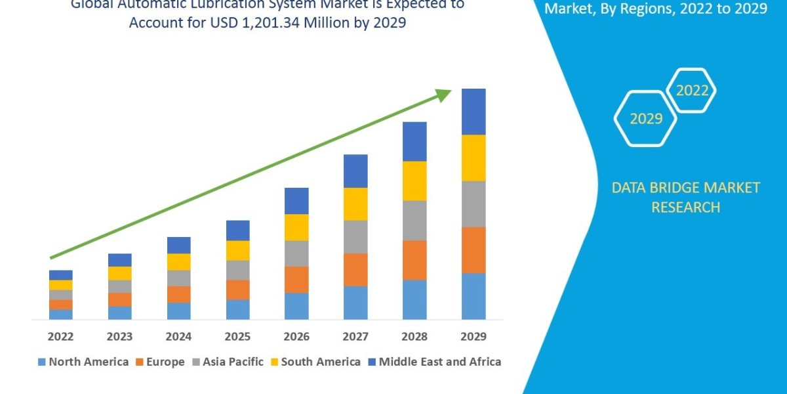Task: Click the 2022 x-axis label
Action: pyautogui.click(x=60, y=337)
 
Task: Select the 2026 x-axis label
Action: pyautogui.click(x=296, y=337)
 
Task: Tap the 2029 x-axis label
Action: pyautogui.click(x=474, y=337)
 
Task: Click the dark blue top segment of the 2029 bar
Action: pyautogui.click(x=474, y=112)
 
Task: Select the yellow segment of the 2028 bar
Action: pyautogui.click(x=414, y=181)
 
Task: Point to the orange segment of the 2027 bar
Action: pyautogui.click(x=355, y=269)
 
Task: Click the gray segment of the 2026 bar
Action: pyautogui.click(x=296, y=253)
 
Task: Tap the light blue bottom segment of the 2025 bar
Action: pyautogui.click(x=238, y=309)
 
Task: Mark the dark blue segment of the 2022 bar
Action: pyautogui.click(x=61, y=274)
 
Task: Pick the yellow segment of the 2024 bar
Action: pyautogui.click(x=179, y=261)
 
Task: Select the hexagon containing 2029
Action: pyautogui.click(x=645, y=119)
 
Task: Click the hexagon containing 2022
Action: pyautogui.click(x=692, y=91)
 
